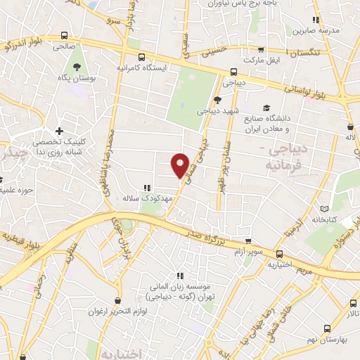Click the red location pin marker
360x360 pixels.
pos(181,165)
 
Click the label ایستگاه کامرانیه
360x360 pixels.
pos(141,69)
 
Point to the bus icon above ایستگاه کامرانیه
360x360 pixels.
pos(141,57)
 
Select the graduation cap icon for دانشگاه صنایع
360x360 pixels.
pos(266,108)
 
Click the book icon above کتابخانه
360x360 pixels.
pos(324,209)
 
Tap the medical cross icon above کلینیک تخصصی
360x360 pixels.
pos(59,131)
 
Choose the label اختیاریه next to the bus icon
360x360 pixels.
pos(278,265)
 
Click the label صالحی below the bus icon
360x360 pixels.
pos(64,44)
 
